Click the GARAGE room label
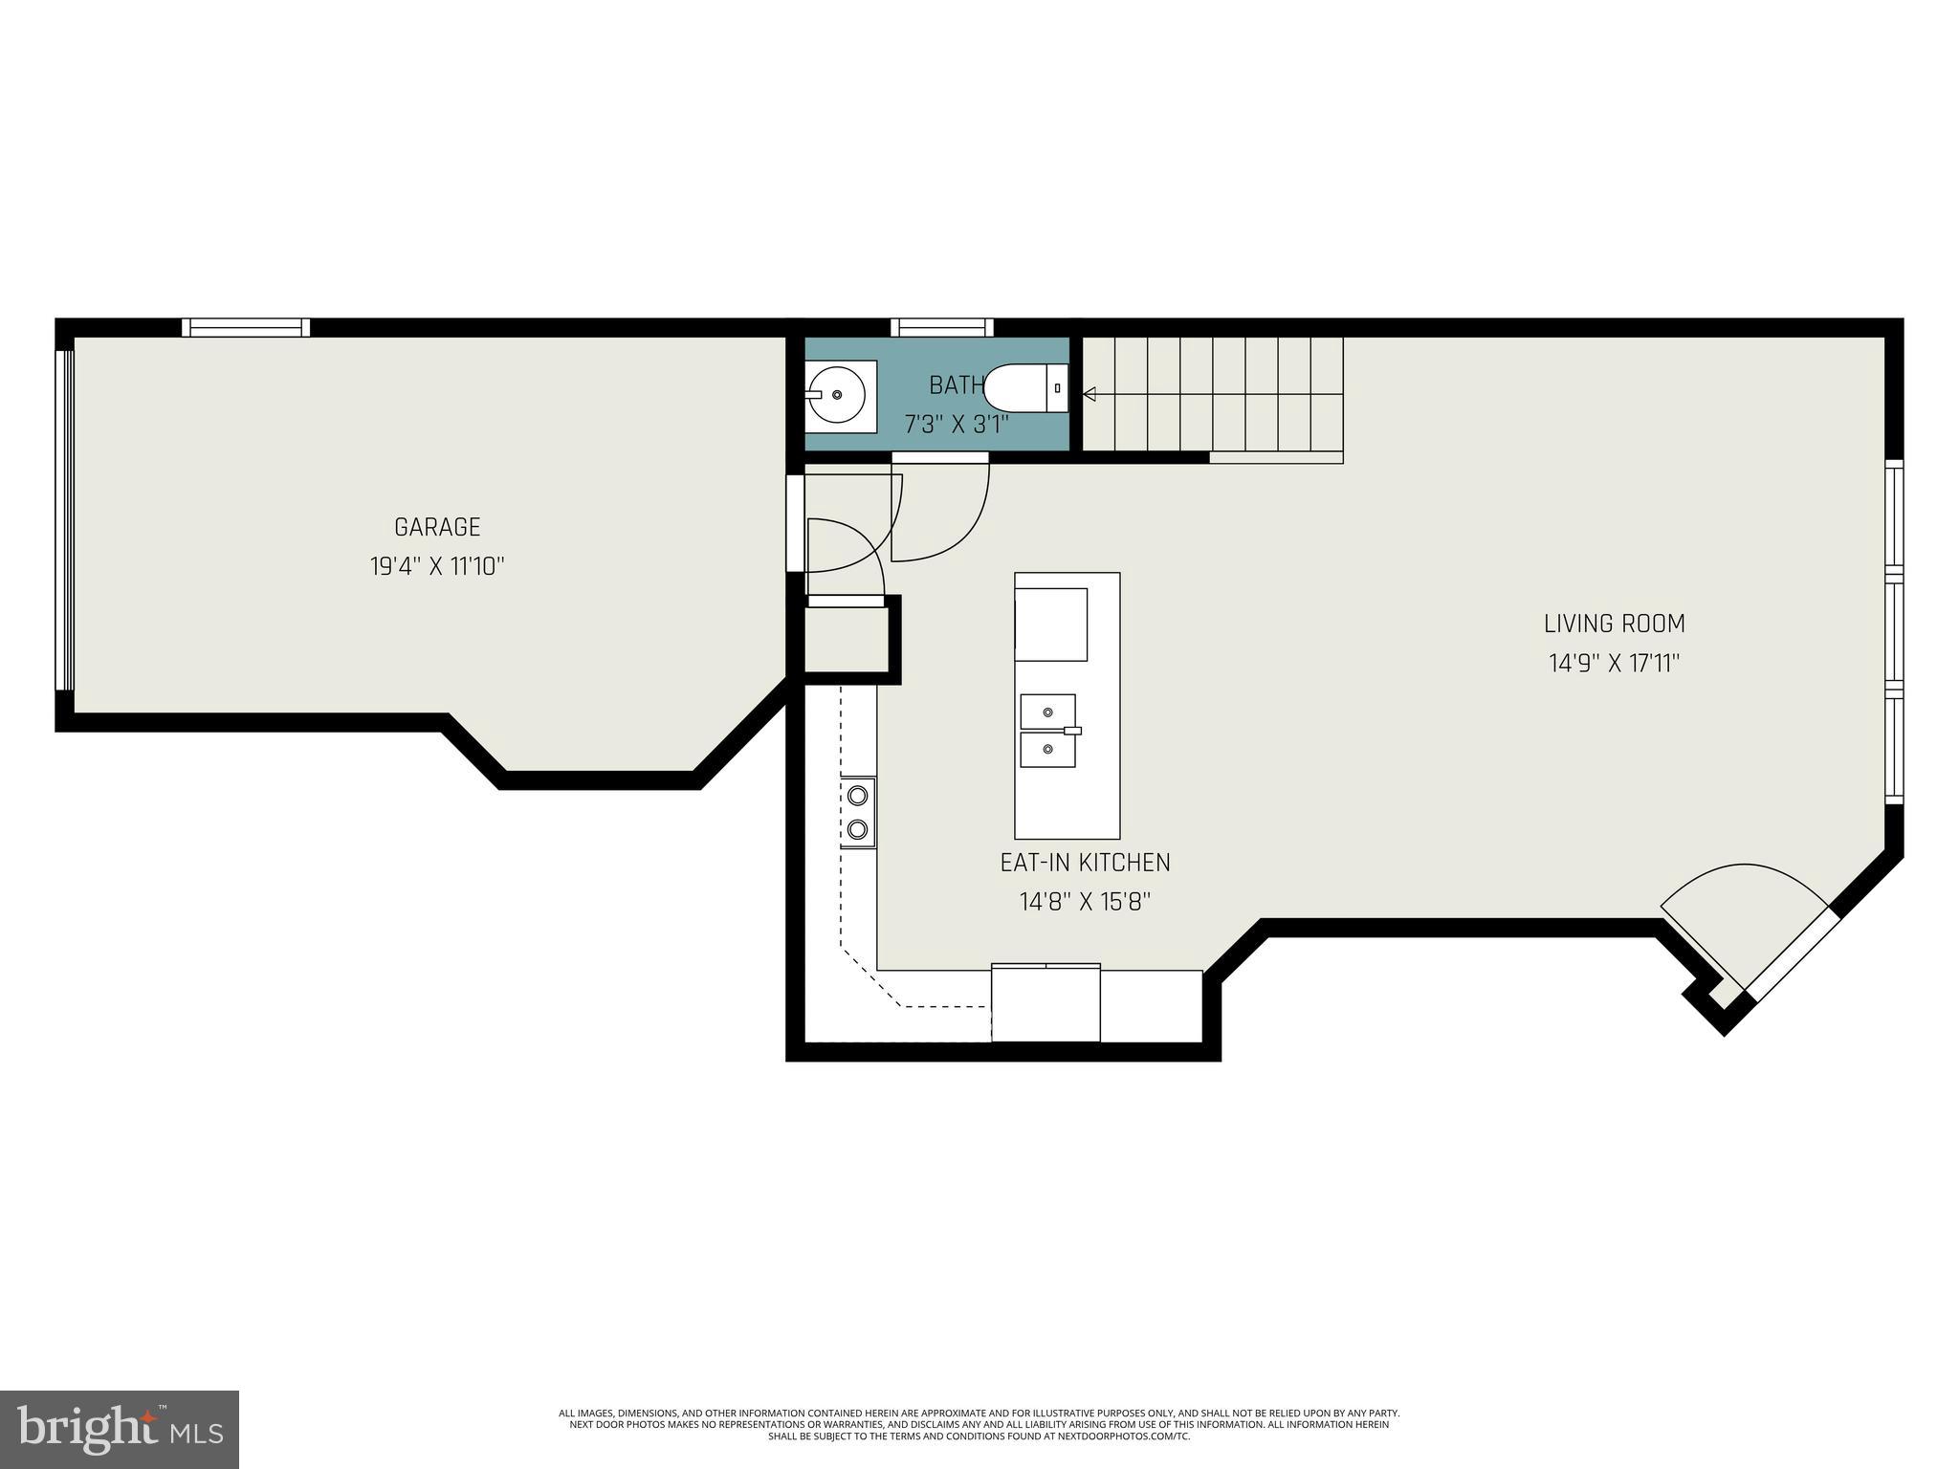click(437, 527)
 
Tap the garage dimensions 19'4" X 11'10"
click(437, 566)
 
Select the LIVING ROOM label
click(1614, 624)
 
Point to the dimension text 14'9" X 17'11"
click(1614, 663)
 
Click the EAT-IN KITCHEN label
click(1085, 863)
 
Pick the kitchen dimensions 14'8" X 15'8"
click(1085, 902)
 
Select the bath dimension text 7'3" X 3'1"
click(957, 425)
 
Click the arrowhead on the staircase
click(1089, 394)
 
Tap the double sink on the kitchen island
click(1048, 731)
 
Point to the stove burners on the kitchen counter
click(858, 812)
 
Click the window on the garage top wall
click(246, 327)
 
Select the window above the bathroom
click(942, 327)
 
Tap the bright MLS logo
click(120, 1429)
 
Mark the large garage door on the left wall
click(64, 519)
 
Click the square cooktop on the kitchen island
click(1051, 625)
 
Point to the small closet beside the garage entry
click(846, 640)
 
